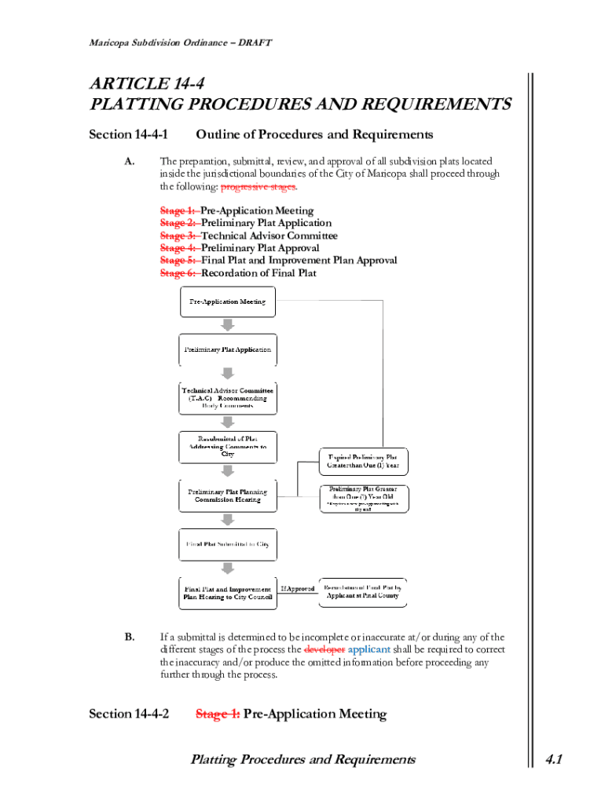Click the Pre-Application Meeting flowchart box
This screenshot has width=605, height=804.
[x=228, y=302]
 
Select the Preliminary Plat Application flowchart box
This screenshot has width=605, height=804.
[x=228, y=349]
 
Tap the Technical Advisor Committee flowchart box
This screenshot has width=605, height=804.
[x=228, y=398]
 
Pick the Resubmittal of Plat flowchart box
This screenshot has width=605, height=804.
[x=228, y=446]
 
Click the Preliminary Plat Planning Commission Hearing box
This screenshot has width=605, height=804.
[x=228, y=495]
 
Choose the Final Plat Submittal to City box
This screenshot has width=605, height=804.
[x=228, y=544]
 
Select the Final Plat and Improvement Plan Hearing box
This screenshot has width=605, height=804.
[x=228, y=593]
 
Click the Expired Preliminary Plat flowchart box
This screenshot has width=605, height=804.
[x=363, y=461]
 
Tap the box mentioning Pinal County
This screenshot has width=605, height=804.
[x=363, y=591]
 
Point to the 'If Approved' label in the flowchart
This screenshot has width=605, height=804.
[x=297, y=589]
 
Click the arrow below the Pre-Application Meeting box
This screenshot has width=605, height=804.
[x=228, y=326]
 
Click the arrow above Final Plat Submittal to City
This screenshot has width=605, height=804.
[x=228, y=520]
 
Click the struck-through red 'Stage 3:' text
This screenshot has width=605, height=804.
[x=179, y=236]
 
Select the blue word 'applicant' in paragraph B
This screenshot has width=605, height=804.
[x=368, y=650]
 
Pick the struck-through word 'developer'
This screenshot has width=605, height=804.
[x=324, y=650]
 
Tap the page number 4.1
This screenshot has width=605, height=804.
[x=554, y=759]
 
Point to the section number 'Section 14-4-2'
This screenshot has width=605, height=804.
[x=129, y=714]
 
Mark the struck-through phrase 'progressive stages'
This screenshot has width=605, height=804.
[x=258, y=187]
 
